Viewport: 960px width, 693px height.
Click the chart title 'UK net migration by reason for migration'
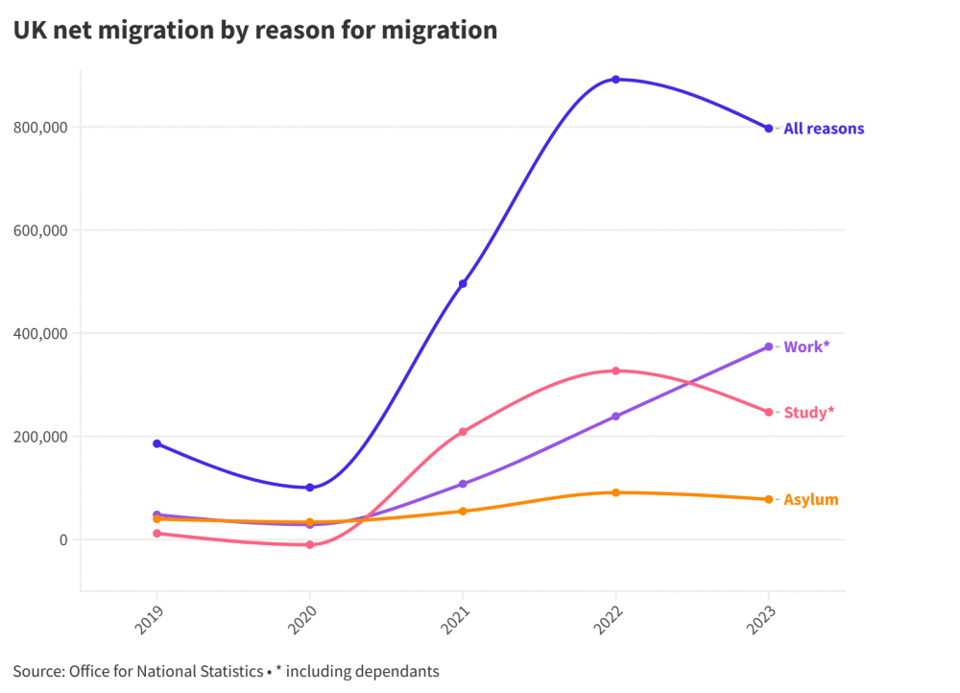click(255, 30)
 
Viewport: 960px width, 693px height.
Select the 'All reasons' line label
click(824, 129)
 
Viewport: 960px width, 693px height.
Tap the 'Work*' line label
click(804, 346)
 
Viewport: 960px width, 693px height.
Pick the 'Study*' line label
click(808, 413)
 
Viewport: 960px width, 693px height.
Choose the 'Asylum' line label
click(810, 500)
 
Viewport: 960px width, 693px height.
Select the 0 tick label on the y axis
click(62, 540)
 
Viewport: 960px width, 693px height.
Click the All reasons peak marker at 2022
click(615, 80)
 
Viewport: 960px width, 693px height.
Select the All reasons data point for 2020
click(309, 488)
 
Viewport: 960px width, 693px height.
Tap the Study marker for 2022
click(615, 370)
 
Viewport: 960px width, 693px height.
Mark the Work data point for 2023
click(768, 346)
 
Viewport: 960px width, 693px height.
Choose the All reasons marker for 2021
click(463, 284)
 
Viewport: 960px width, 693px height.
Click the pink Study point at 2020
click(309, 545)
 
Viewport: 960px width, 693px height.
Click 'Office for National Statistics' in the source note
click(165, 671)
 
